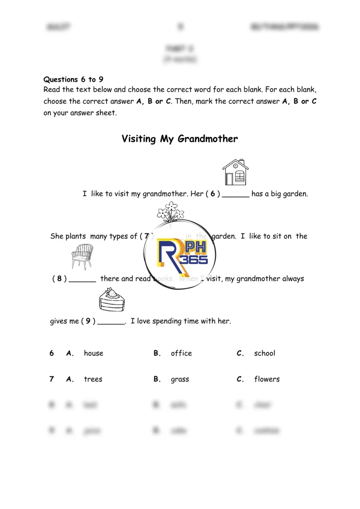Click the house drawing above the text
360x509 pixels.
click(235, 172)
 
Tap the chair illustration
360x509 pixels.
click(82, 256)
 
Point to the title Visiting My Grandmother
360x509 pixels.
click(180, 139)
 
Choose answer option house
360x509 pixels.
click(93, 353)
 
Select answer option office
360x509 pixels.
click(181, 353)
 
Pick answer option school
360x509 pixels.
click(264, 353)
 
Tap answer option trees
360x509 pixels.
click(93, 379)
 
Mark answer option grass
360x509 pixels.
click(180, 379)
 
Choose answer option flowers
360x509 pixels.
click(266, 379)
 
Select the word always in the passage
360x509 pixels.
click(293, 279)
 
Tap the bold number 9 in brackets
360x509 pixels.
click(88, 321)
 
